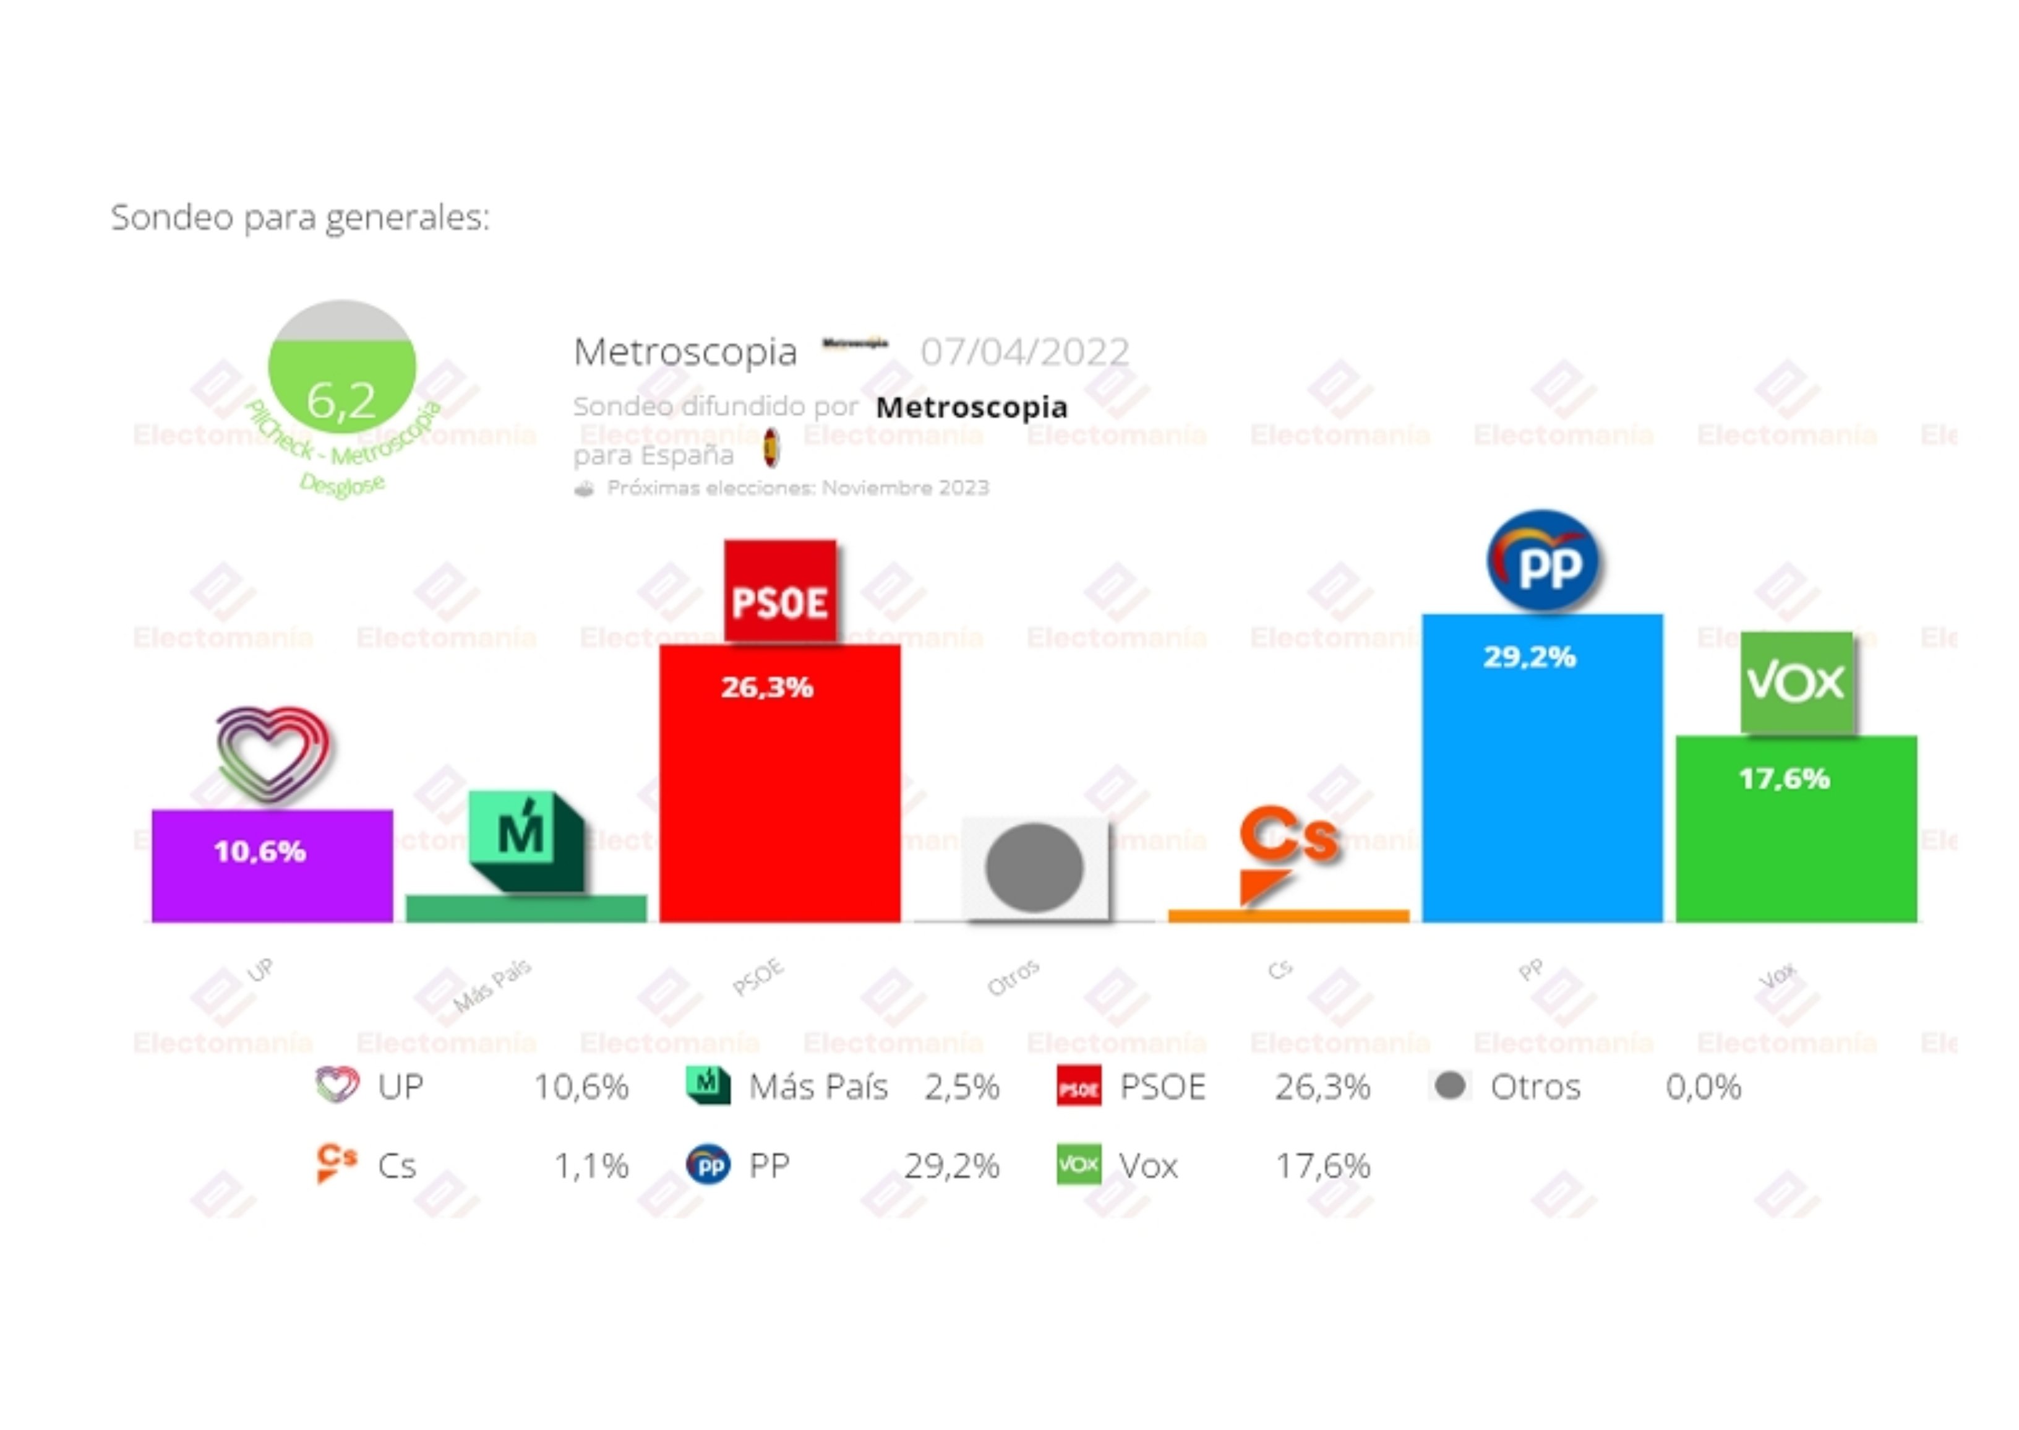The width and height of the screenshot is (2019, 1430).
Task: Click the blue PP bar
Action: pos(1542,793)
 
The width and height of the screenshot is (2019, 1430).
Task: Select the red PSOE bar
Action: pos(780,810)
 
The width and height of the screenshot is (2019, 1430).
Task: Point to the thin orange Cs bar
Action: pos(1288,916)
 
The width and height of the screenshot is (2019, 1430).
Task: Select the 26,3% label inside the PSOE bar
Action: pos(766,687)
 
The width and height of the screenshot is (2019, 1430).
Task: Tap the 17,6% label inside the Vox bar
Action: pos(1784,778)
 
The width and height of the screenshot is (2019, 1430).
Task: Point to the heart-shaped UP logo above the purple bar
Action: pos(273,753)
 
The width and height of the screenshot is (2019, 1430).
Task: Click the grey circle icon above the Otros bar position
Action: pos(1034,868)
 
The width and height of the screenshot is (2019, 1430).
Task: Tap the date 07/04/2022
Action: pos(1024,352)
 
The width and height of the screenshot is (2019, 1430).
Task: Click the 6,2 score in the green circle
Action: pos(341,400)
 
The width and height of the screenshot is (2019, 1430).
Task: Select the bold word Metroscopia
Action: pos(972,407)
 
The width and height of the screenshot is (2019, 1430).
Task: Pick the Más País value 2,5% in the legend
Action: pos(961,1087)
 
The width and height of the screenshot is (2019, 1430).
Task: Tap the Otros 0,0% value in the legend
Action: pos(1703,1087)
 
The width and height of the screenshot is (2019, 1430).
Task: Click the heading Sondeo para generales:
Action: pos(300,217)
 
